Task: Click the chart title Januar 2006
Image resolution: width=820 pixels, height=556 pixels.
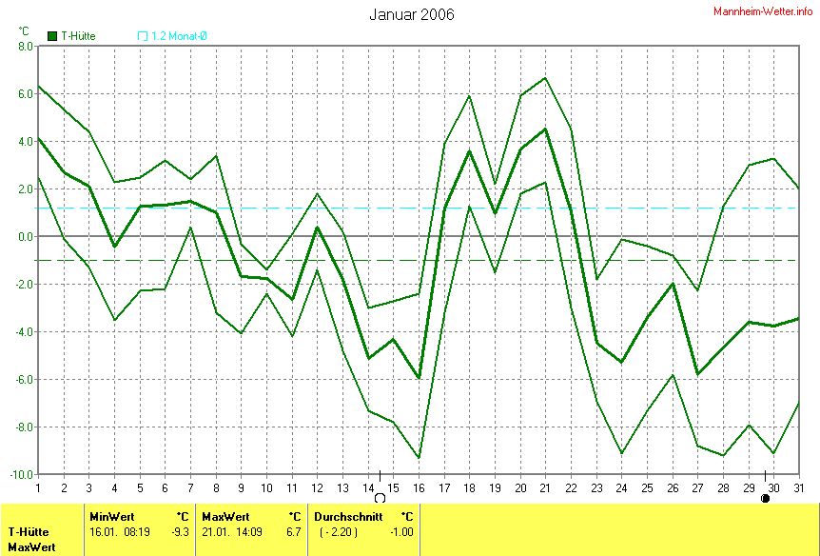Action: tap(411, 14)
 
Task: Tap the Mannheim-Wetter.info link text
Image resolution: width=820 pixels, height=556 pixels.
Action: tap(763, 10)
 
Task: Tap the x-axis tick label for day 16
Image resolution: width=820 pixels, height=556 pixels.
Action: tap(419, 487)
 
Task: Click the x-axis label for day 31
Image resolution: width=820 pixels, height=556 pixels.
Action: tap(797, 487)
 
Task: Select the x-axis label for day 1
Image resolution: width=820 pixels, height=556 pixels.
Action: tap(38, 487)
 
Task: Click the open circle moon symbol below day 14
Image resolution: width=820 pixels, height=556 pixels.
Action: tap(380, 497)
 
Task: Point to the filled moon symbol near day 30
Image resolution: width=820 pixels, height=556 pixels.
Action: tap(765, 497)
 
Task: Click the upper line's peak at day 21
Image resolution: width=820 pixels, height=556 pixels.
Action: tap(545, 78)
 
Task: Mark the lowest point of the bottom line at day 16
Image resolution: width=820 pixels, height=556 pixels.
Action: tap(419, 458)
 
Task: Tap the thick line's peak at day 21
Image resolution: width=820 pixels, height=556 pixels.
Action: tap(545, 129)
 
